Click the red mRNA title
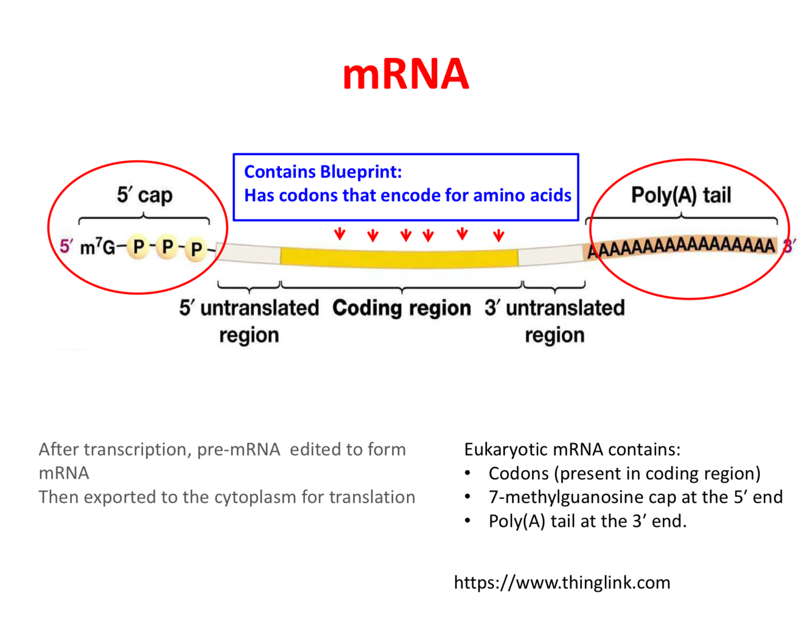pyautogui.click(x=405, y=74)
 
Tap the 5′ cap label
pyautogui.click(x=144, y=195)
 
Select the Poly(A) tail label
pyautogui.click(x=681, y=195)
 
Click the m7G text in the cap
pyautogui.click(x=97, y=248)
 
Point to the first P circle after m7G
pyautogui.click(x=138, y=247)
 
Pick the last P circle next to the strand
pyautogui.click(x=196, y=249)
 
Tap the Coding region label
pyautogui.click(x=401, y=308)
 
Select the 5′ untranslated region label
pyautogui.click(x=249, y=320)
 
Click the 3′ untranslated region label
pyautogui.click(x=555, y=320)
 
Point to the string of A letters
pyautogui.click(x=681, y=247)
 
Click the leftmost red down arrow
pyautogui.click(x=340, y=234)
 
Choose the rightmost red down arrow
pyautogui.click(x=499, y=235)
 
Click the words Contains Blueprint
pyautogui.click(x=323, y=172)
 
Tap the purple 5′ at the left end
pyautogui.click(x=66, y=246)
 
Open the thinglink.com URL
pyautogui.click(x=561, y=583)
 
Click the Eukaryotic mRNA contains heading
pyautogui.click(x=572, y=449)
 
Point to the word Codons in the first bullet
pyautogui.click(x=519, y=474)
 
